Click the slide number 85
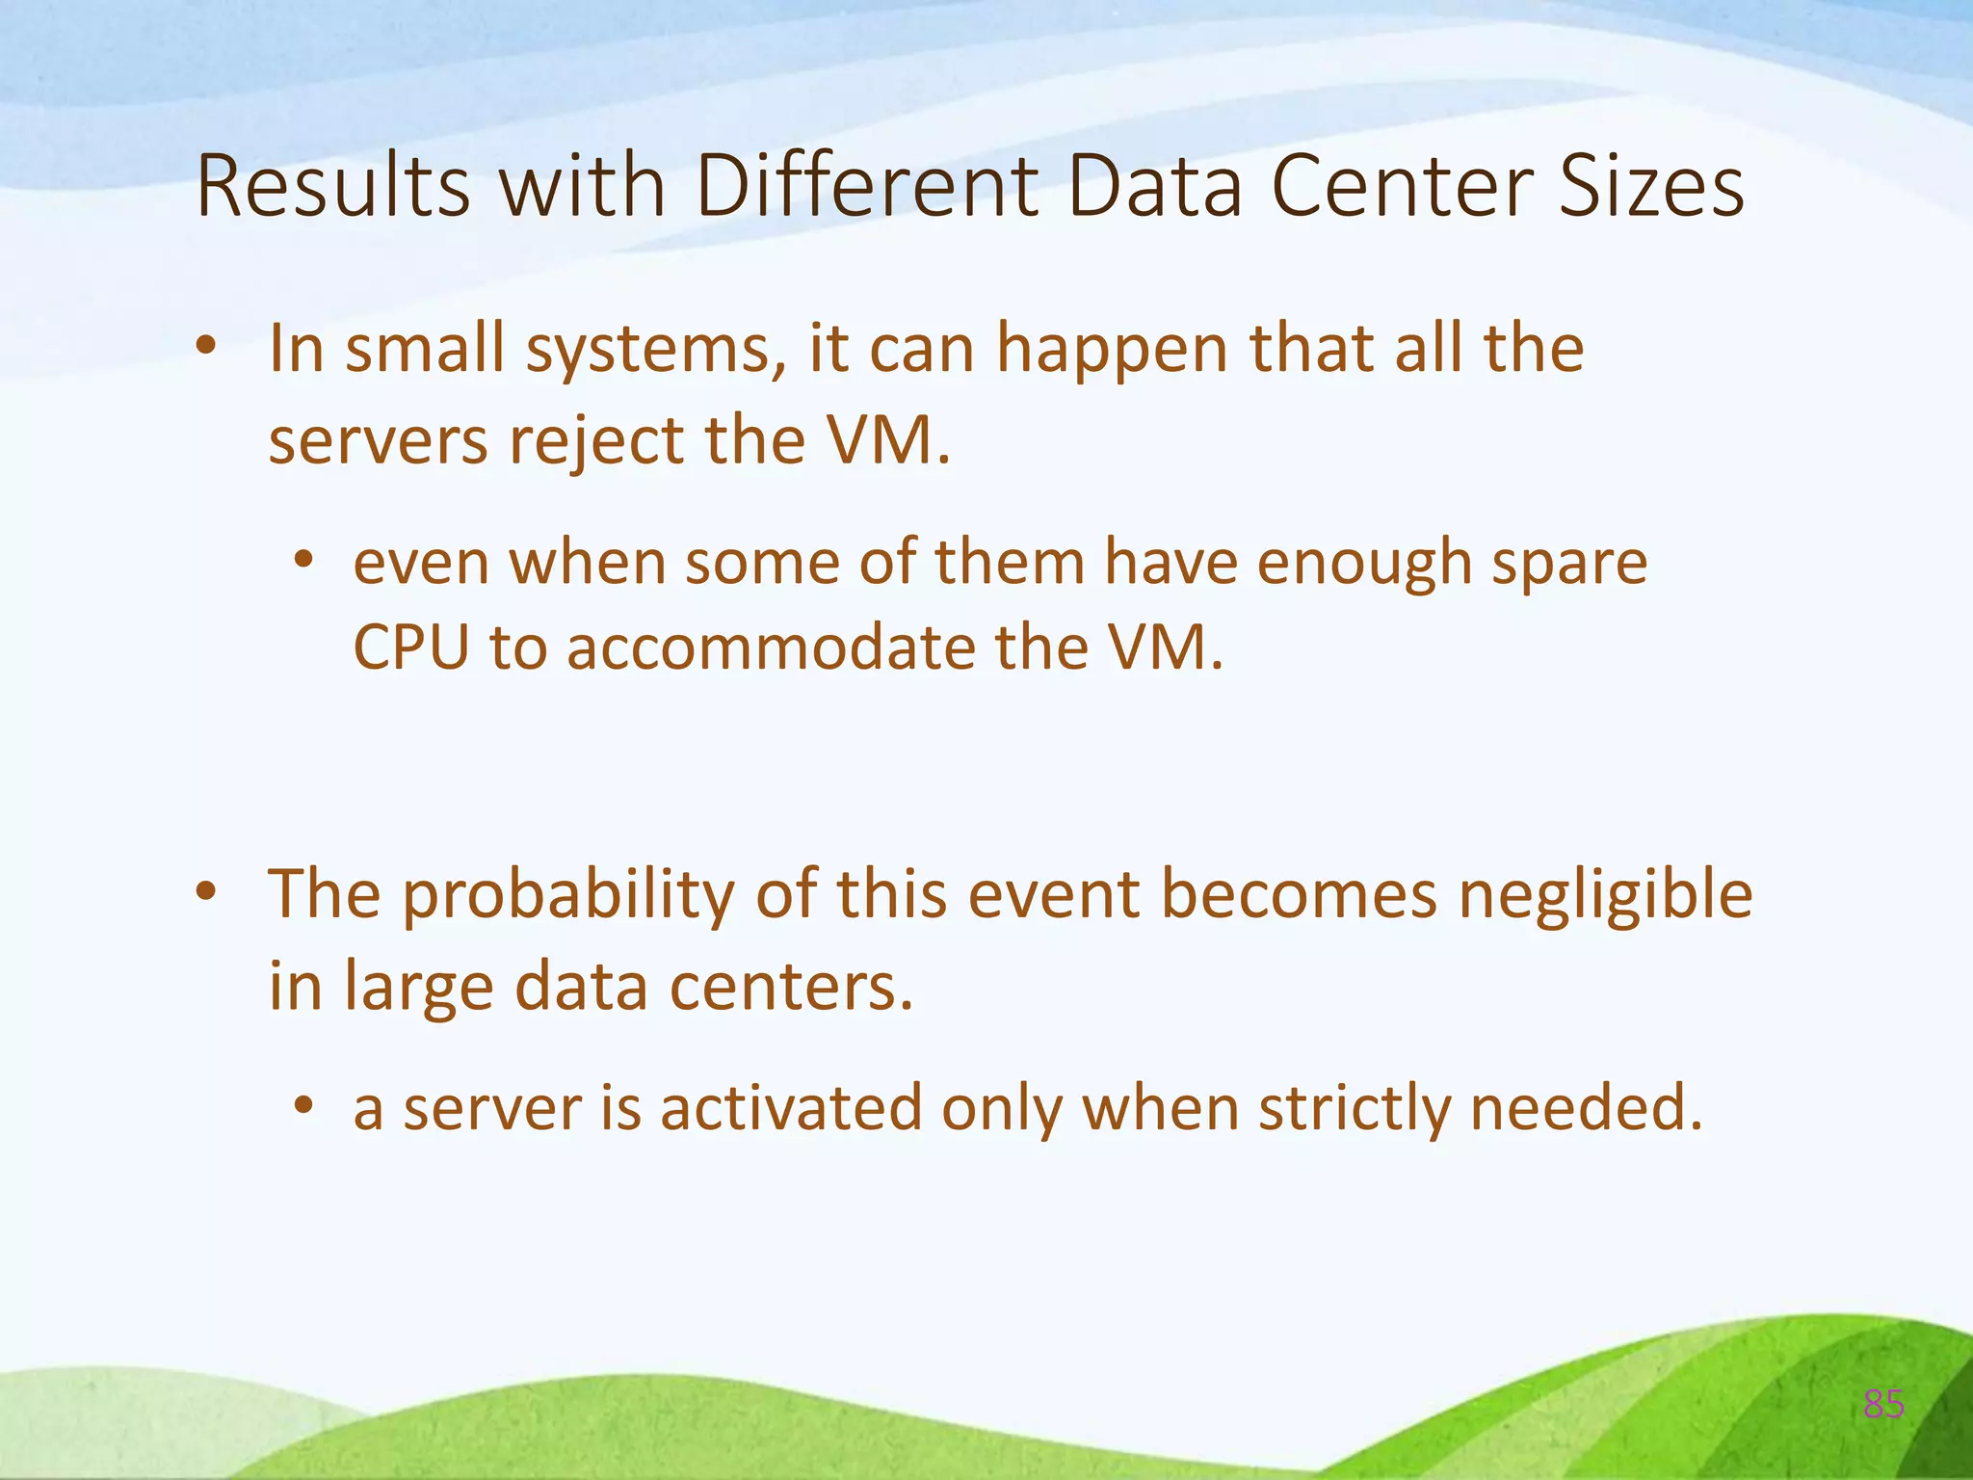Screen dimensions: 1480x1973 click(1883, 1405)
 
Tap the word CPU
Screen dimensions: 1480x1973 click(411, 647)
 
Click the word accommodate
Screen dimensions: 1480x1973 click(771, 647)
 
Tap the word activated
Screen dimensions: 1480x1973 click(791, 1108)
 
